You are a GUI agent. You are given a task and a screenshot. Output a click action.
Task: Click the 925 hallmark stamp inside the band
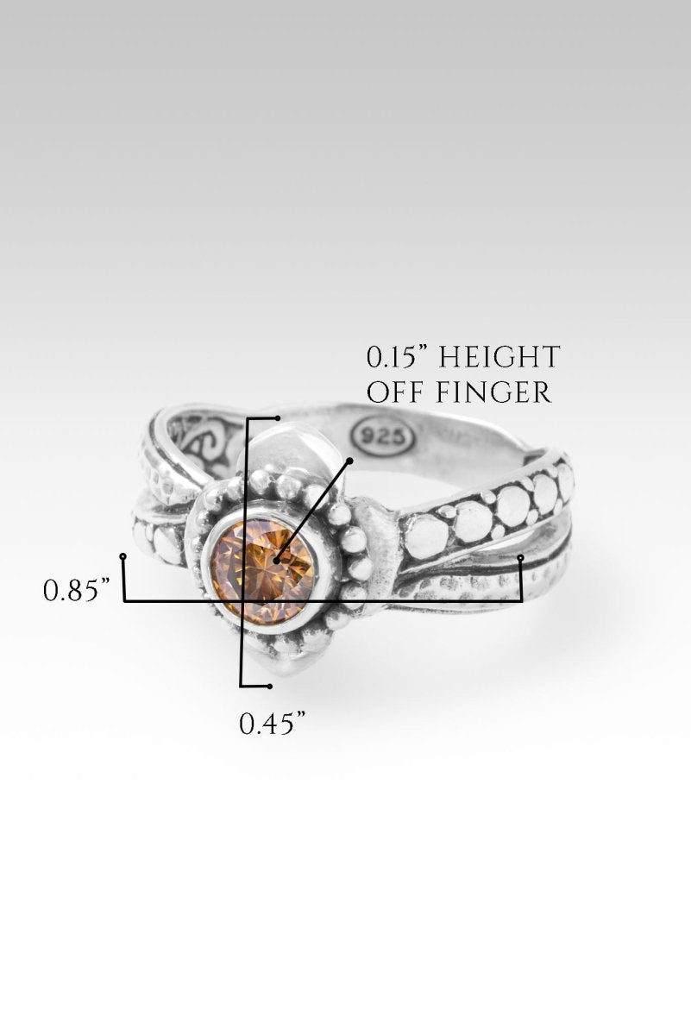click(x=384, y=435)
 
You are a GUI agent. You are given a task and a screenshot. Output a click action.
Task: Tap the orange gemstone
click(x=262, y=568)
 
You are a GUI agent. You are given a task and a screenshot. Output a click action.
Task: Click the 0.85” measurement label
click(x=77, y=591)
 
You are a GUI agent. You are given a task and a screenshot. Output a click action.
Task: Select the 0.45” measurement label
click(x=273, y=724)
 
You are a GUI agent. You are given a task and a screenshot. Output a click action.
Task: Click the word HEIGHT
click(x=499, y=357)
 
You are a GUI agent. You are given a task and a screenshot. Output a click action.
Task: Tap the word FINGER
click(x=493, y=392)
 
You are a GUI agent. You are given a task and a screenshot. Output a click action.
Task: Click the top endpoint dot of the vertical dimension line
click(x=277, y=418)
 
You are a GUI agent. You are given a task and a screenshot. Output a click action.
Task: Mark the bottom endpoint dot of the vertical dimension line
click(x=269, y=687)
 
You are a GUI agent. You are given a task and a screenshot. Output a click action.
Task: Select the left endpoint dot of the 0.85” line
click(x=122, y=556)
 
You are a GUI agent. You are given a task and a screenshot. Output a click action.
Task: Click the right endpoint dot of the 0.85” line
click(x=520, y=558)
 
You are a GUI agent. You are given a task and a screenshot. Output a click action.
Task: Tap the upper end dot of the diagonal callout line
click(x=350, y=461)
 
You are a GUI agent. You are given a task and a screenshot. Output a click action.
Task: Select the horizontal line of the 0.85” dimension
click(x=324, y=601)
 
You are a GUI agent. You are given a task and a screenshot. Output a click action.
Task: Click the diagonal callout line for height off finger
click(x=313, y=511)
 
